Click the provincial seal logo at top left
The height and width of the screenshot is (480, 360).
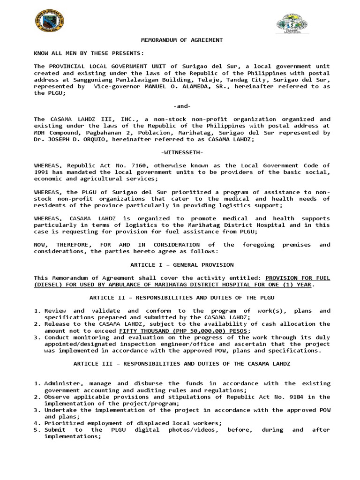point(50,22)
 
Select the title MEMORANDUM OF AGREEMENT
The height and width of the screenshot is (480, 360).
point(182,40)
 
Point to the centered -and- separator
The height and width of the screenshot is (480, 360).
point(182,106)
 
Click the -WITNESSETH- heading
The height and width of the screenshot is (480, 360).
point(182,152)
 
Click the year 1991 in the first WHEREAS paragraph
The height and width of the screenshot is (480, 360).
point(41,172)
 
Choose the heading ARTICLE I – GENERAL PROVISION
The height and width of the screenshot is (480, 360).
point(182,264)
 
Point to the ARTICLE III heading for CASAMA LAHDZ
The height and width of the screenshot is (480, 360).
point(182,363)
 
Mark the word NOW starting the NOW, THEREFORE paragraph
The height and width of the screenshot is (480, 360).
point(41,245)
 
